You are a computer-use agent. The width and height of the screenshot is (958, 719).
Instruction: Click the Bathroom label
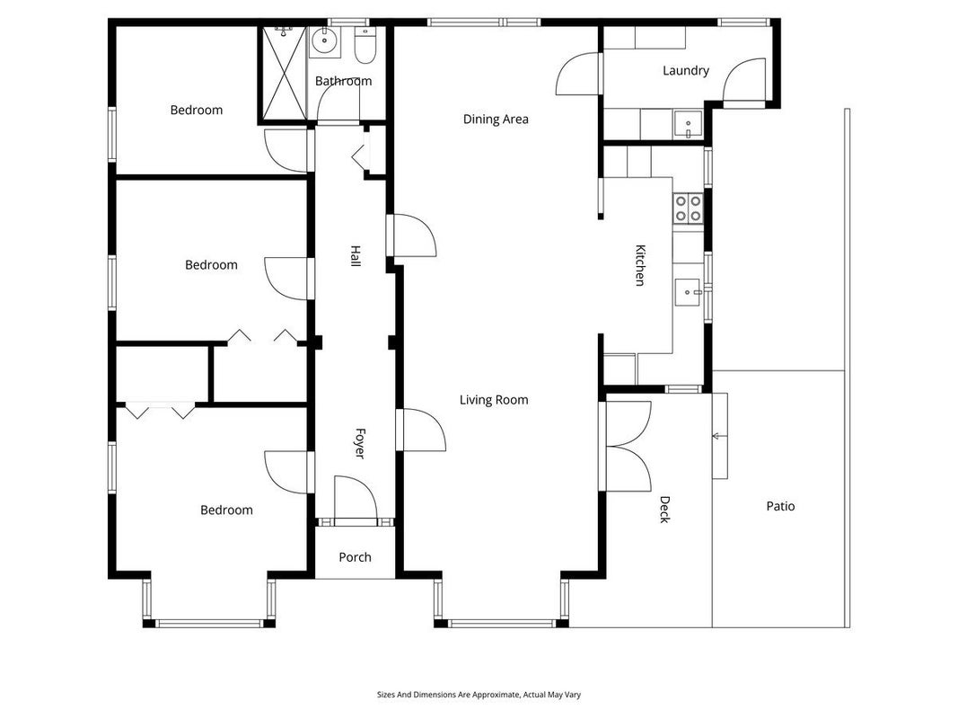(343, 81)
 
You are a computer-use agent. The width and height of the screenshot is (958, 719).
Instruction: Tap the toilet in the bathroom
(365, 45)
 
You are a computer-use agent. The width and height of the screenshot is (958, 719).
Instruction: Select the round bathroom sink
(324, 41)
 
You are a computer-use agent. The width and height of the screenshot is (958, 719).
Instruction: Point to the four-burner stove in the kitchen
(688, 208)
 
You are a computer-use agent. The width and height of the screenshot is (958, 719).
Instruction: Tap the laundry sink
(689, 124)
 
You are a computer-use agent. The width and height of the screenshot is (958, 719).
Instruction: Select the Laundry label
(686, 71)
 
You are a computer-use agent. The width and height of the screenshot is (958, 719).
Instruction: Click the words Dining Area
(496, 120)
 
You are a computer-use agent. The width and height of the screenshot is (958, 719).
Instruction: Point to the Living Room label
(494, 400)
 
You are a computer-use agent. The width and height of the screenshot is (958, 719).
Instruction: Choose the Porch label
(355, 557)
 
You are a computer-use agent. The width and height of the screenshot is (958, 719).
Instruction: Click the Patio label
(780, 506)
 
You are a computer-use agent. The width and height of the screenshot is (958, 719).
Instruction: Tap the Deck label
(664, 510)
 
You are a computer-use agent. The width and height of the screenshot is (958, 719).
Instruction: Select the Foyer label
(360, 444)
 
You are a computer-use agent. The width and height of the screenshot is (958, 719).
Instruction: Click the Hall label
(355, 255)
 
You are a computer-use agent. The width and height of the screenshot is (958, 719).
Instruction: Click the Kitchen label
(639, 265)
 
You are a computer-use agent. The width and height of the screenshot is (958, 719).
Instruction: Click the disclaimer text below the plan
(479, 695)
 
